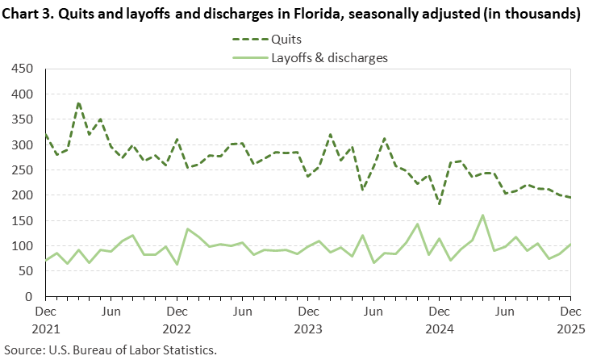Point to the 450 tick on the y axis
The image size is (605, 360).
pos(22,69)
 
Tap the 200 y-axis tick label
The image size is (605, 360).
pos(22,195)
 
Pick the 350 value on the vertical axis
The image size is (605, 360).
pos(22,119)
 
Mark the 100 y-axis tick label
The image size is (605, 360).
pos(22,246)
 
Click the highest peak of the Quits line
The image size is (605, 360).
pos(78,103)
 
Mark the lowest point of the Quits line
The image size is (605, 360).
pos(439,203)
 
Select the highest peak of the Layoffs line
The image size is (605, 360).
pos(482,216)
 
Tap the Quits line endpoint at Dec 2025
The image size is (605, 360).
pos(570,198)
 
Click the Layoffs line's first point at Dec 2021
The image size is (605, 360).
pos(46,260)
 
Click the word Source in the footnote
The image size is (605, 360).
pos(23,350)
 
